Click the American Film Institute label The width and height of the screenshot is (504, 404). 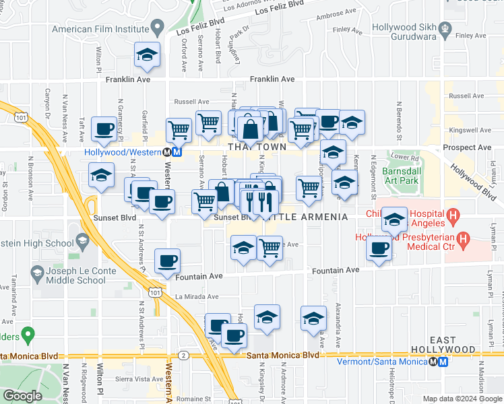[100, 29]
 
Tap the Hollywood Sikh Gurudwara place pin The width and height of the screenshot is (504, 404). [445, 28]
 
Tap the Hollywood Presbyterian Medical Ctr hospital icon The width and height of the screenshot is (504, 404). [463, 239]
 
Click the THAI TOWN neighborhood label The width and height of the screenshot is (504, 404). [257, 146]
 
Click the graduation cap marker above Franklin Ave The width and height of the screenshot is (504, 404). [147, 55]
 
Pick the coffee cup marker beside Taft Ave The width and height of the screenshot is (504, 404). [104, 129]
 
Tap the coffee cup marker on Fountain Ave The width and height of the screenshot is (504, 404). [167, 261]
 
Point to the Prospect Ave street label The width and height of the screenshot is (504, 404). [470, 147]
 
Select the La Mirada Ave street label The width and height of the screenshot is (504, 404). [197, 296]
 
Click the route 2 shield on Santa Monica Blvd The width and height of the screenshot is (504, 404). [183, 355]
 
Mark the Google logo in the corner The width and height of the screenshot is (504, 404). [22, 396]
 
